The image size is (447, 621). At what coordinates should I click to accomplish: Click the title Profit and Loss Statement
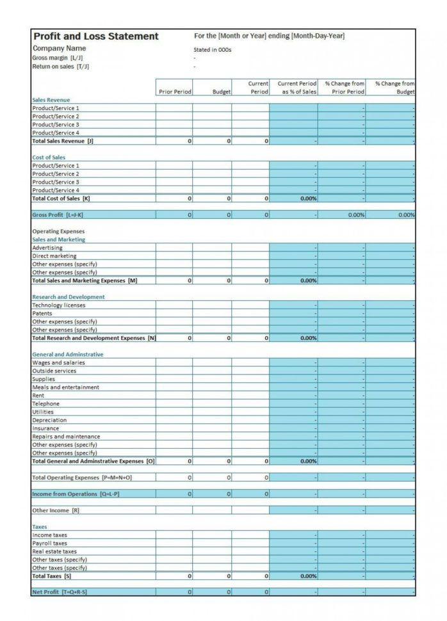[x=95, y=36]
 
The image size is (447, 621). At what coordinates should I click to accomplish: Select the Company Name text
[x=59, y=48]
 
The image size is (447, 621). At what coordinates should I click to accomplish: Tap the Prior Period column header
[x=174, y=92]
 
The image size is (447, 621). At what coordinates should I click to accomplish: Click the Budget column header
[x=221, y=92]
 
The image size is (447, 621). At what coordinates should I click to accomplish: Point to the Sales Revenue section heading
[x=51, y=100]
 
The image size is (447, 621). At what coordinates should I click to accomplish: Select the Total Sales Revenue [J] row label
[x=63, y=141]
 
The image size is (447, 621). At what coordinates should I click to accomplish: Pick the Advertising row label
[x=47, y=248]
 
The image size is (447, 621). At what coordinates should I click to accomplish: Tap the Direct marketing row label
[x=54, y=256]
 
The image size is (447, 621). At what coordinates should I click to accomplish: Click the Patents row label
[x=42, y=314]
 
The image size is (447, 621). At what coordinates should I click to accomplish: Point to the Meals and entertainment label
[x=65, y=387]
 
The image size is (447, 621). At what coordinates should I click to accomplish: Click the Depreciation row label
[x=49, y=421]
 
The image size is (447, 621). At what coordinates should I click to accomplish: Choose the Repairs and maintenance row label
[x=66, y=437]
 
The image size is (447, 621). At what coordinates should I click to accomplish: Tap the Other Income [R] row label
[x=56, y=510]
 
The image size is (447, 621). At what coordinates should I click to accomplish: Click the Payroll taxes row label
[x=49, y=543]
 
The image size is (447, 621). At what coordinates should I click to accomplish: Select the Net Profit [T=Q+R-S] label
[x=59, y=592]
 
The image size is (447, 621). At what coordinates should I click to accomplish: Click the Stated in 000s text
[x=212, y=49]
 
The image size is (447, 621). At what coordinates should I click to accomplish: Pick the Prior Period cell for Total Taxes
[x=174, y=576]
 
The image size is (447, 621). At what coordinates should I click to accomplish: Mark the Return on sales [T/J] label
[x=61, y=66]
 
